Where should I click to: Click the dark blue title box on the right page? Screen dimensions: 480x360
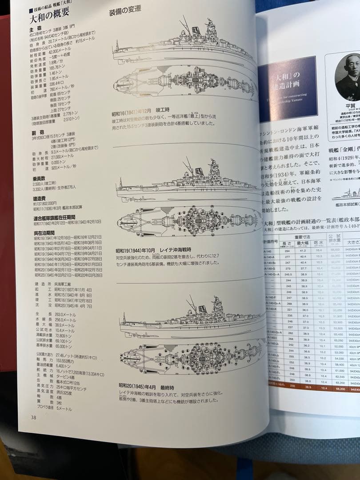[287, 89]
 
